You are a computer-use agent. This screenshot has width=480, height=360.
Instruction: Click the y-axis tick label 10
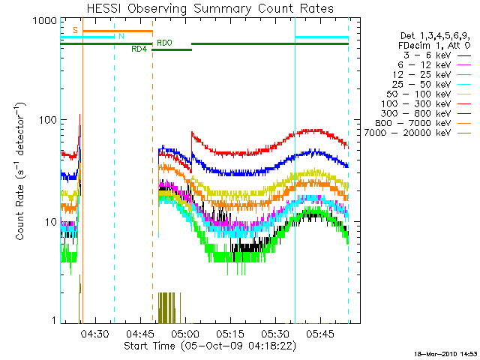(49, 222)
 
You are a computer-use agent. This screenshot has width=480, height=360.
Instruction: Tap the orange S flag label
(75, 30)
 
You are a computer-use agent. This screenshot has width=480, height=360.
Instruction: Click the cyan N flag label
(121, 36)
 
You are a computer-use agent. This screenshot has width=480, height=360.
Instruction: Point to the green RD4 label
(139, 49)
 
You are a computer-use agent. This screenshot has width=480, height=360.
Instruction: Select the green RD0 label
(163, 43)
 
